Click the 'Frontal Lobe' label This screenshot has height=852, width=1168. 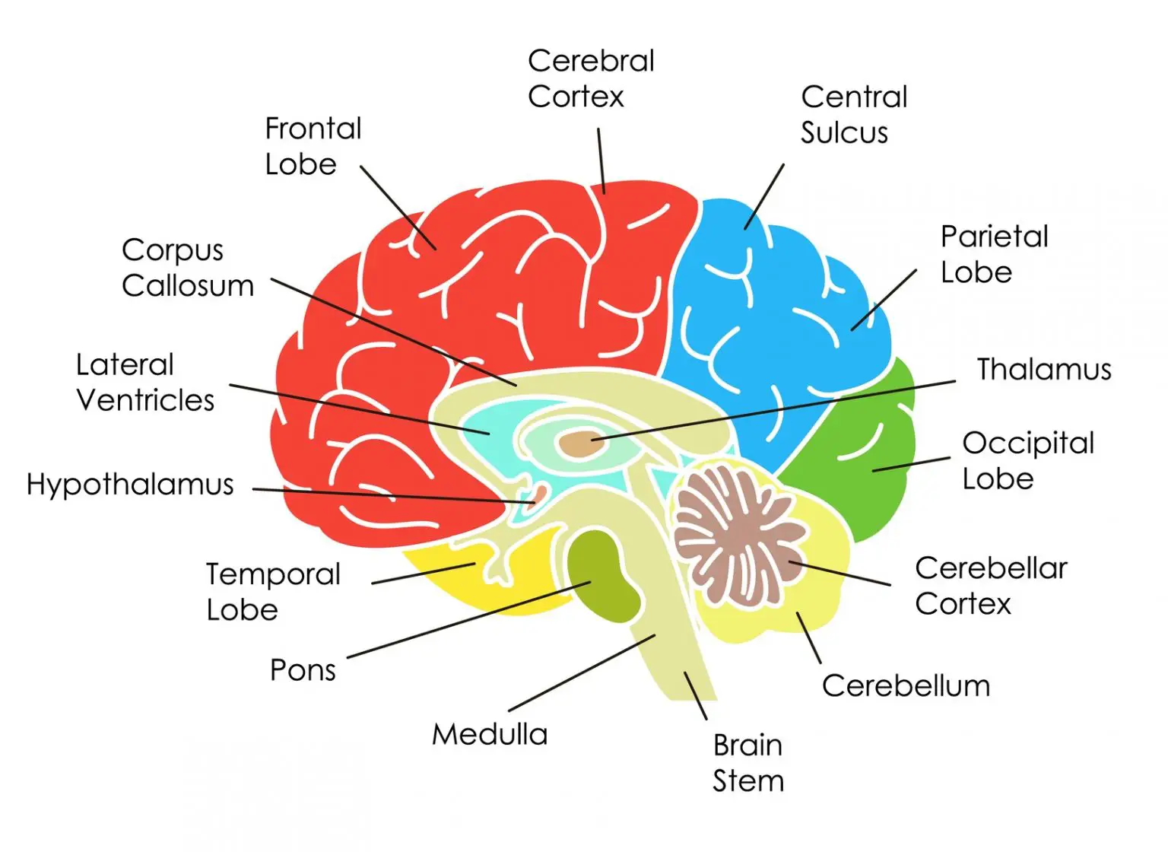point(313,146)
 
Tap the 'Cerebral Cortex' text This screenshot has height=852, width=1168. point(591,78)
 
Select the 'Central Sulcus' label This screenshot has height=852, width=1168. point(854,114)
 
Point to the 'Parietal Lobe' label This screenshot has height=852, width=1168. point(994,254)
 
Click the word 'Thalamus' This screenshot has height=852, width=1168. point(1043,369)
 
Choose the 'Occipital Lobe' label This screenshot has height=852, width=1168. point(1028,460)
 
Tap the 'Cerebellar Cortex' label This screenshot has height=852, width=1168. point(991,585)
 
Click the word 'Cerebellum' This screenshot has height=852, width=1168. point(906,685)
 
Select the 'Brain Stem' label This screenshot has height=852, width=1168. point(747,762)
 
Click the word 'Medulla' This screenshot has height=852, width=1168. point(490,734)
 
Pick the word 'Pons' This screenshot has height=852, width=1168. point(303,670)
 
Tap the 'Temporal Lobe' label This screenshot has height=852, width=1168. point(273,591)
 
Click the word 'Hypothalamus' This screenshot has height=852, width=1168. point(130,485)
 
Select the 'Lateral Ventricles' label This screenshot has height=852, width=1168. point(145,382)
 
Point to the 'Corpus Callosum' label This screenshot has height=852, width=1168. point(188,268)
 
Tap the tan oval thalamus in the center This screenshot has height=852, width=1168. point(582,443)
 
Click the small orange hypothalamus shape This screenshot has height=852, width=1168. point(538,495)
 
